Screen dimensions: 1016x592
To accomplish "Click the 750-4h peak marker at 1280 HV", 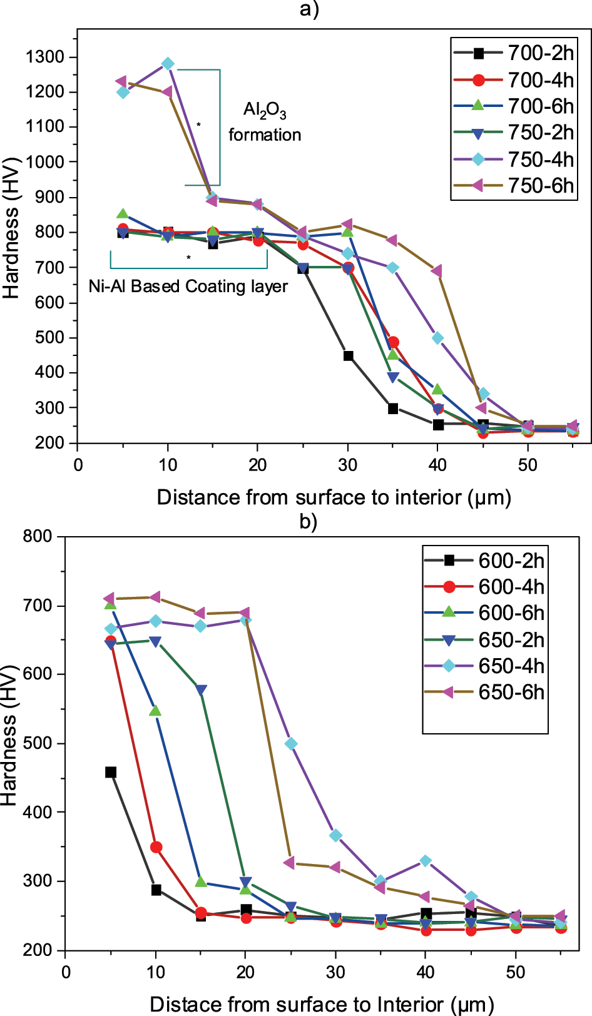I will tap(168, 64).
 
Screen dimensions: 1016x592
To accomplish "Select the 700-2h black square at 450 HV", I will tap(348, 356).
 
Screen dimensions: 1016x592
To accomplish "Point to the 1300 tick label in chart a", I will tap(45, 57).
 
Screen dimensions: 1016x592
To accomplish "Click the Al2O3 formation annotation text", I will tap(265, 122).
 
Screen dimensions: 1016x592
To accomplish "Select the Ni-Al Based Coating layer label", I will tap(188, 287).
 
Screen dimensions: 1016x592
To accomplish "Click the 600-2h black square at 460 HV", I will tap(111, 772).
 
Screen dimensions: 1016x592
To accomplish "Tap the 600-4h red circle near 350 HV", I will tap(156, 847).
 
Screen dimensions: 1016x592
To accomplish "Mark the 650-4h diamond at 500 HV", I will tap(291, 744).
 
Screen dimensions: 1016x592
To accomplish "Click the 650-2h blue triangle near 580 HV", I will tap(201, 691).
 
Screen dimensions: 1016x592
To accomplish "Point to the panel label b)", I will tap(308, 521).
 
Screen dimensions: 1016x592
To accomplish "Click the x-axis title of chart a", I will tap(334, 497).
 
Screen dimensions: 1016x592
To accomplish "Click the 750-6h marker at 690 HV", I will tap(437, 271).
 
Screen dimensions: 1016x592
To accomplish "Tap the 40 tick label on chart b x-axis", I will tap(426, 972).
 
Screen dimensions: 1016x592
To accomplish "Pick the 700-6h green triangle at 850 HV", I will tap(123, 214).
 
